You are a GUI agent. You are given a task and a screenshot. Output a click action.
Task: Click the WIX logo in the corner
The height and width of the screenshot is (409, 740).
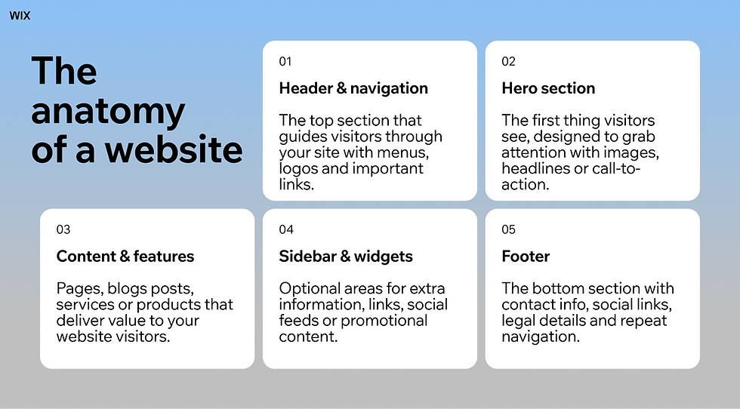pos(20,16)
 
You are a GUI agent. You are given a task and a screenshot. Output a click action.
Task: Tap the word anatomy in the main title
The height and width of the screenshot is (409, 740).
pos(107,112)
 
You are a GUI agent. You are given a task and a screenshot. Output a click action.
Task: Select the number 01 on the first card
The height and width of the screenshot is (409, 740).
pos(285,61)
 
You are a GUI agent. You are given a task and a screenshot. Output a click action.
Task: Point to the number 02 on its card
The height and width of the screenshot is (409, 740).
pos(508,61)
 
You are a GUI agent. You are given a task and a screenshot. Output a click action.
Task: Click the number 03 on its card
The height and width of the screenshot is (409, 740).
pos(63,229)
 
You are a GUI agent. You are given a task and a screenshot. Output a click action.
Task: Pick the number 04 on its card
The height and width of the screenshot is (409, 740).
pos(285,229)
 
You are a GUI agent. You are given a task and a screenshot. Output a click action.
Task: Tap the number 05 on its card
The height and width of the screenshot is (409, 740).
pos(508,229)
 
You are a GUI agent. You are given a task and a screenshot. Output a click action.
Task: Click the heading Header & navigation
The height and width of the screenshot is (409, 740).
pos(353,88)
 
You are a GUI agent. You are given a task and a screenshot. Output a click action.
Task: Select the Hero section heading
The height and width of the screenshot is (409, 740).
pos(548,88)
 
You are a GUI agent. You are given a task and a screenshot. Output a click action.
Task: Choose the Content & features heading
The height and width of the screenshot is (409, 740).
pos(125,257)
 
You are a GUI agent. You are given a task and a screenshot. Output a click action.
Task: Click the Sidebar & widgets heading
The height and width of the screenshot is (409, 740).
pos(346,257)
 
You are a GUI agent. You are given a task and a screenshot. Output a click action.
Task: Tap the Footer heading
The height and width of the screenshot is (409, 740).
pos(526,257)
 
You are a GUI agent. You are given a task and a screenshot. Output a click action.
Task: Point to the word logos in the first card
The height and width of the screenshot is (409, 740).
pos(301,168)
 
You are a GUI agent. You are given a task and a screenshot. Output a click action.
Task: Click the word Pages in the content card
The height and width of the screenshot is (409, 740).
pos(78,289)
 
